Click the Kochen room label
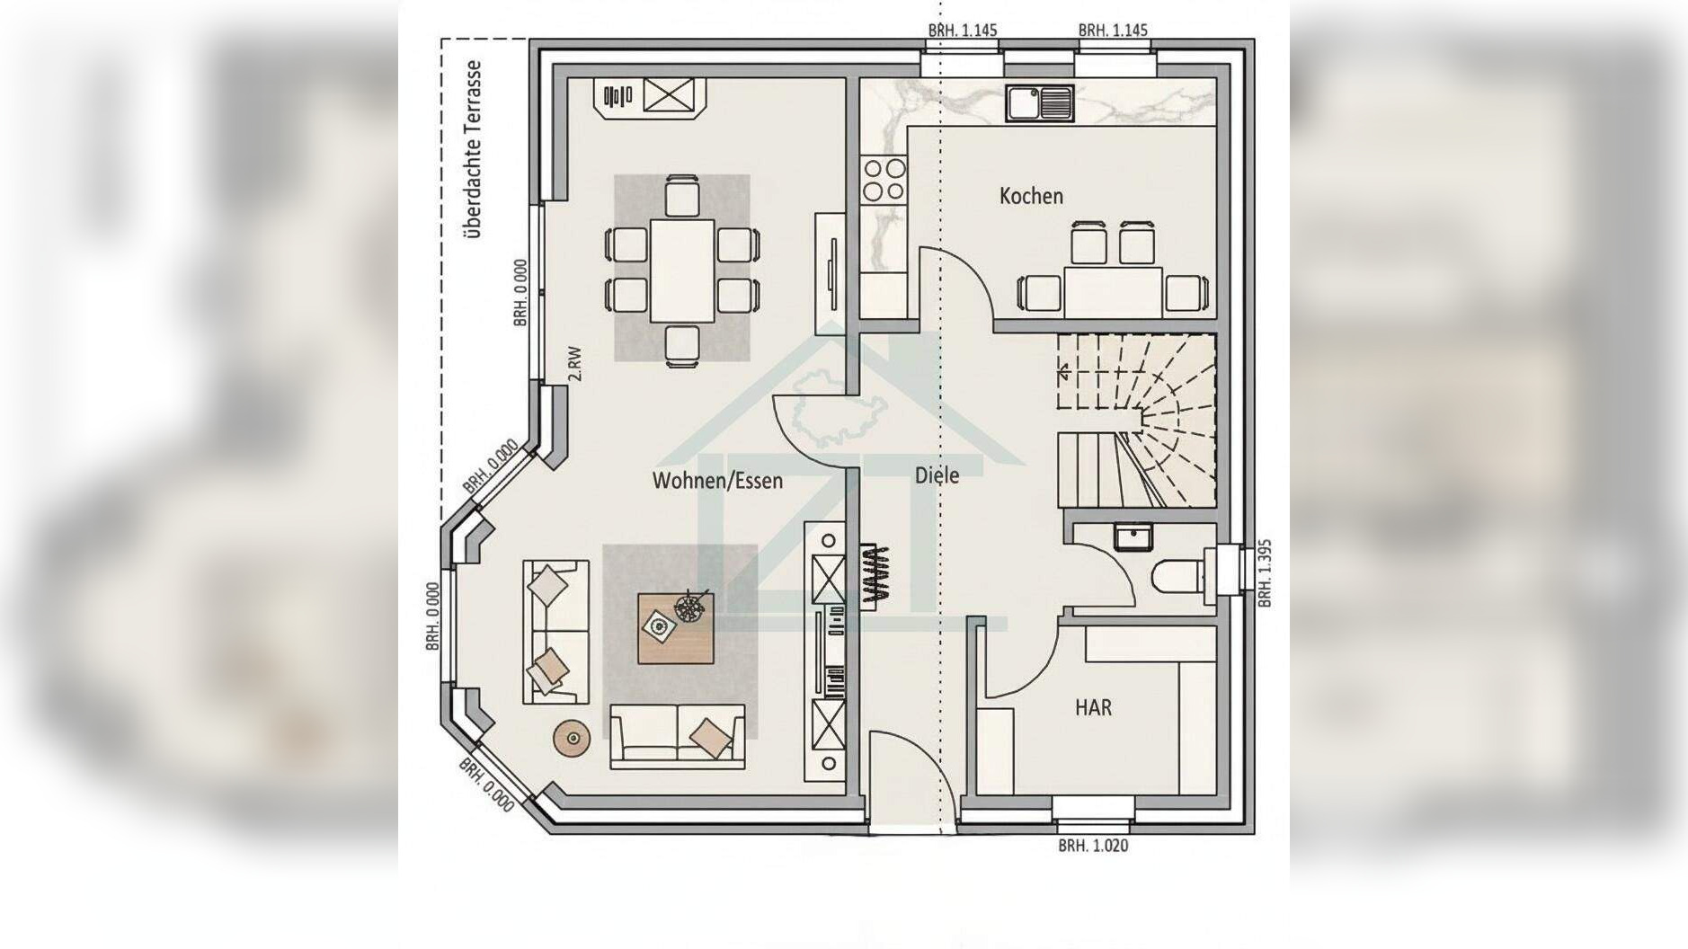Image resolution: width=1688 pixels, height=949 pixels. click(x=1031, y=196)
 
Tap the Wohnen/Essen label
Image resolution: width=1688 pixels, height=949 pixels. click(x=717, y=481)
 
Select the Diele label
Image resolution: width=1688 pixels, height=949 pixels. click(x=937, y=475)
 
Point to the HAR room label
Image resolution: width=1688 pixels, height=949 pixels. click(x=1093, y=707)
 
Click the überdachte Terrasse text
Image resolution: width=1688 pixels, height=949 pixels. click(x=474, y=149)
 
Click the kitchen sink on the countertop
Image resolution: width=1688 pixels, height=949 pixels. click(x=1039, y=103)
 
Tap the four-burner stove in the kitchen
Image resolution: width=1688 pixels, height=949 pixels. click(x=884, y=180)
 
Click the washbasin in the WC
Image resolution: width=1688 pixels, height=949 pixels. click(x=1133, y=537)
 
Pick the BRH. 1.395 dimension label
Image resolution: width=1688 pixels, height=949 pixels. click(x=1265, y=573)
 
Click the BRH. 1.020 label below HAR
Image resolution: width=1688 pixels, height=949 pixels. click(x=1092, y=846)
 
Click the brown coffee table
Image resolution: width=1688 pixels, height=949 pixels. click(x=676, y=628)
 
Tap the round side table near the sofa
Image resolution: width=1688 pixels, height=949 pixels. click(x=573, y=739)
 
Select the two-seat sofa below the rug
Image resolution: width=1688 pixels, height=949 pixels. click(x=678, y=736)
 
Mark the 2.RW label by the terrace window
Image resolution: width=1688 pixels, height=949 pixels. click(x=575, y=364)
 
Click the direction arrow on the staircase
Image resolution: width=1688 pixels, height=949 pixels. click(x=1064, y=369)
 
